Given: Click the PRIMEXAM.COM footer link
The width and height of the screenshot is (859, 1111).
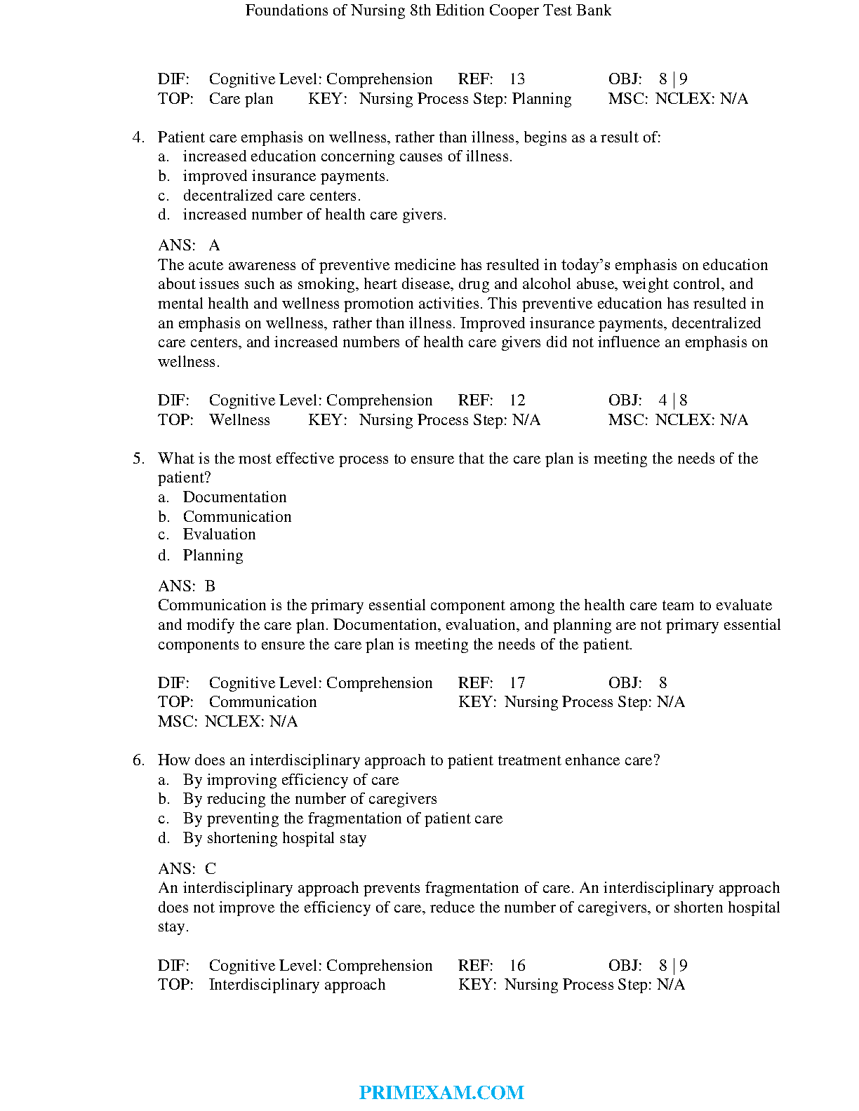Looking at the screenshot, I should coord(441,1092).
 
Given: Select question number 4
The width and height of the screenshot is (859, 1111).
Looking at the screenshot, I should coord(138,137).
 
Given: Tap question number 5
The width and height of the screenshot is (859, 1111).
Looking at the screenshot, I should coord(138,459).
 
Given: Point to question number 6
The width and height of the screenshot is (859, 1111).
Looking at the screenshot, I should coord(138,760).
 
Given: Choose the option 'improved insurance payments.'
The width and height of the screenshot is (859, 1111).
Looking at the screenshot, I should coord(286,176).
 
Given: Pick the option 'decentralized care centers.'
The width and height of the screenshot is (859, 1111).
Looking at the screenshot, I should coord(272,196).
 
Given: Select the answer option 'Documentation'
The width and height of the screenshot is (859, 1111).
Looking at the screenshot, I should coord(234,497).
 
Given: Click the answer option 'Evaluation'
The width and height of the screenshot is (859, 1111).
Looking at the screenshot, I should coord(219,534).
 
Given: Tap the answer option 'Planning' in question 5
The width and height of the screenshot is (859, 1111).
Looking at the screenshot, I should coord(213,555).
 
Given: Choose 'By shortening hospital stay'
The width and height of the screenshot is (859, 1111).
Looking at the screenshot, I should coord(274,838).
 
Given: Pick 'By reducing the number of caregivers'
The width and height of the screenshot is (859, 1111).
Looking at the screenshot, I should coord(309,799).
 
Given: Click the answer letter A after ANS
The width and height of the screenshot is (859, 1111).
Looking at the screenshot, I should coord(214,245).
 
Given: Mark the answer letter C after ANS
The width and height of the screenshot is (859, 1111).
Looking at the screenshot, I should coord(211,869).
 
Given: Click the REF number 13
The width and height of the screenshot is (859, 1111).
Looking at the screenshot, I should coord(517,79).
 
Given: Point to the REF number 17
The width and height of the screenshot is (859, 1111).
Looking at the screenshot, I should coord(517,683).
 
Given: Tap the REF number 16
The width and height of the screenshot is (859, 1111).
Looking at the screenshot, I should coord(517,966).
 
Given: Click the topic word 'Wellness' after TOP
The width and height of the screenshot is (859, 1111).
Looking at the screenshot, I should coord(239,420).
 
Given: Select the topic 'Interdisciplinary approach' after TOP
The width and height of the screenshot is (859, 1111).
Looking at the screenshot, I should coord(297,985).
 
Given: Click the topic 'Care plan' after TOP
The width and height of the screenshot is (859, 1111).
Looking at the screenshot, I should coord(241,99).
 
